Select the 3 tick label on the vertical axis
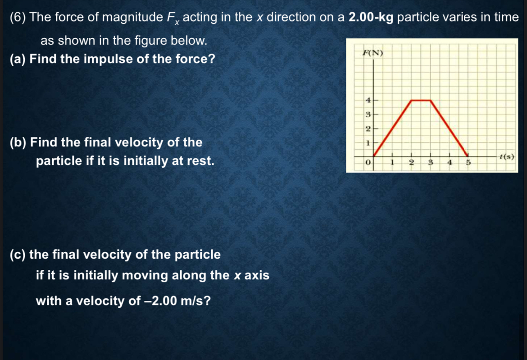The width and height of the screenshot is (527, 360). click(x=368, y=114)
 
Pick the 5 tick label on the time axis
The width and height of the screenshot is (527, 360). click(x=468, y=163)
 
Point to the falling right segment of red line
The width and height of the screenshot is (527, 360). click(x=449, y=128)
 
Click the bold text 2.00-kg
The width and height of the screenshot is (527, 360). click(x=371, y=18)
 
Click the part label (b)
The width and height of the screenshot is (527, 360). click(x=18, y=142)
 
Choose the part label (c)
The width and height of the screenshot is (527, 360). click(x=18, y=255)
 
